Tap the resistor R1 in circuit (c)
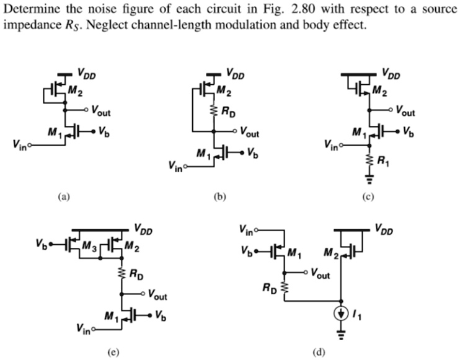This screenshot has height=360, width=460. (x=370, y=162)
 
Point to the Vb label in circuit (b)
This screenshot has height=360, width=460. (x=254, y=152)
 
